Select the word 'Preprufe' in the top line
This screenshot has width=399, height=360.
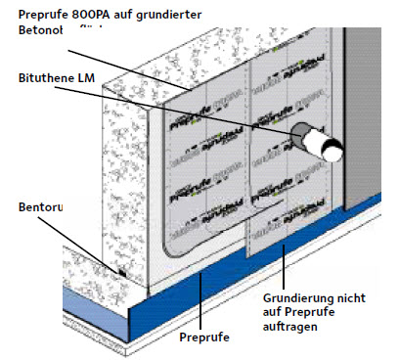(x=36, y=14)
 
